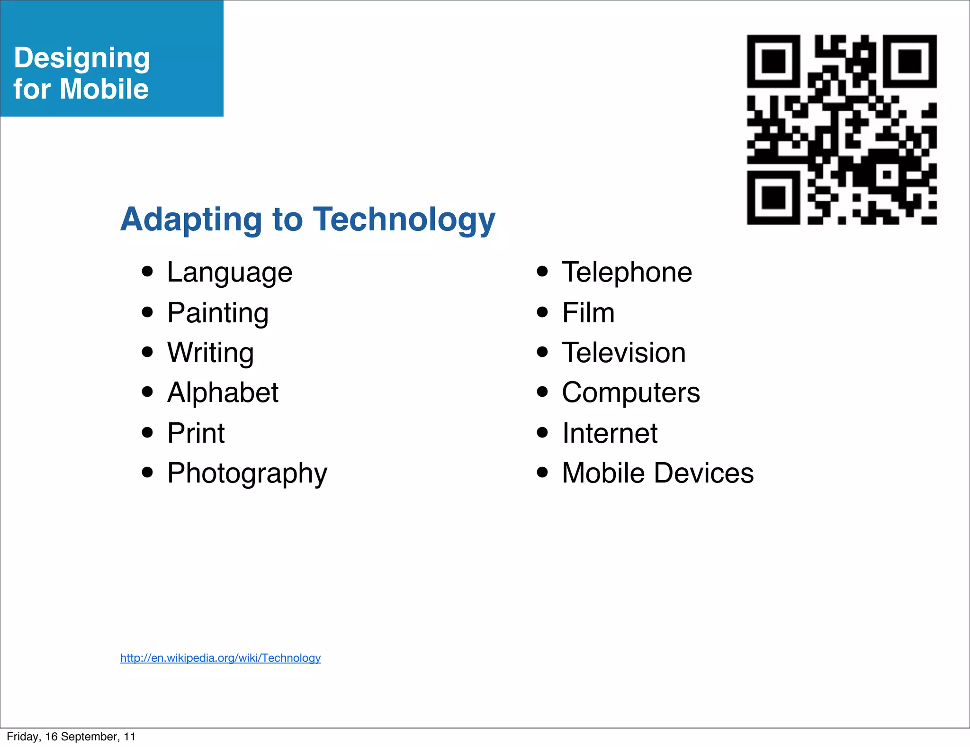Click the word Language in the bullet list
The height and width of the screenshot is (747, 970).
click(230, 273)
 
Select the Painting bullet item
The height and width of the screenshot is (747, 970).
click(218, 313)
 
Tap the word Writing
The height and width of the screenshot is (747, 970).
click(210, 353)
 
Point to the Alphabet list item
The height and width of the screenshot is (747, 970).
click(223, 393)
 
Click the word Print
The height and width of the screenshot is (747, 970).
click(196, 433)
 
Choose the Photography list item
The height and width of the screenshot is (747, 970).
click(247, 474)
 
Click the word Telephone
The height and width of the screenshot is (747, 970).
click(627, 273)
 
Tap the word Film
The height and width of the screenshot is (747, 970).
click(588, 313)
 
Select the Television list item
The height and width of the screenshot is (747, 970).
click(624, 353)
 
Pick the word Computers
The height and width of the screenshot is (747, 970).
click(631, 393)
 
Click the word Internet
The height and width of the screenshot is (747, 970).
click(610, 433)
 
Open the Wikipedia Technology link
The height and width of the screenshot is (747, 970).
click(220, 658)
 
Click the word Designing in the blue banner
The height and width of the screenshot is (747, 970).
click(82, 58)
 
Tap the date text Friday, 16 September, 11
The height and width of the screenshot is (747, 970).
click(71, 737)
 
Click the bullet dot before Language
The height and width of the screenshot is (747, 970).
click(148, 272)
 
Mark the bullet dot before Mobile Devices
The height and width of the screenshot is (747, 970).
click(543, 472)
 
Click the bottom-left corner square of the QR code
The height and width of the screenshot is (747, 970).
click(773, 197)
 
